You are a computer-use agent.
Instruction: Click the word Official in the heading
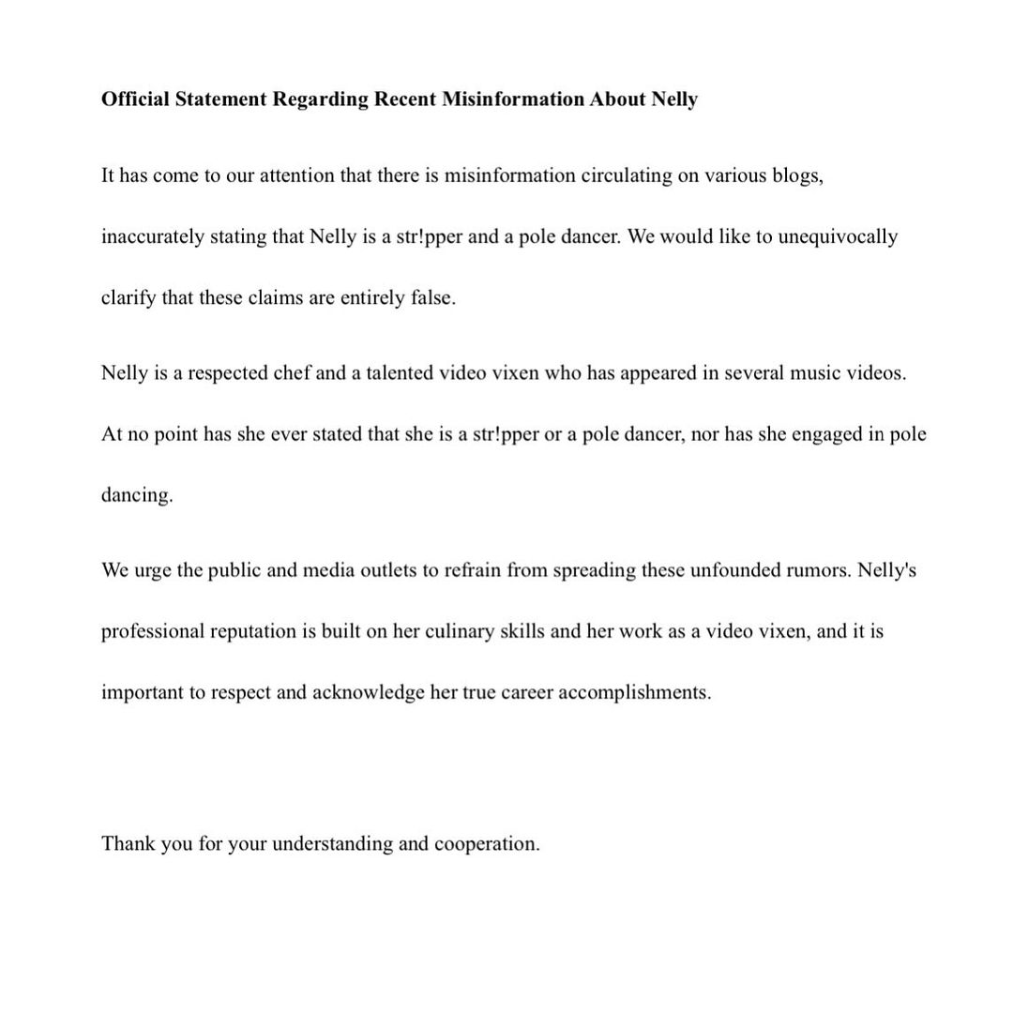(x=135, y=99)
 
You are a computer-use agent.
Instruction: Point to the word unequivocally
(x=838, y=236)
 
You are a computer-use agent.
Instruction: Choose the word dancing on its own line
(x=137, y=495)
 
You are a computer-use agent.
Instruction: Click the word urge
(x=153, y=570)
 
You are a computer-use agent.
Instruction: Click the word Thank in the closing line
(x=128, y=843)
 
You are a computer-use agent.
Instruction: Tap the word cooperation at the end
(x=486, y=843)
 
